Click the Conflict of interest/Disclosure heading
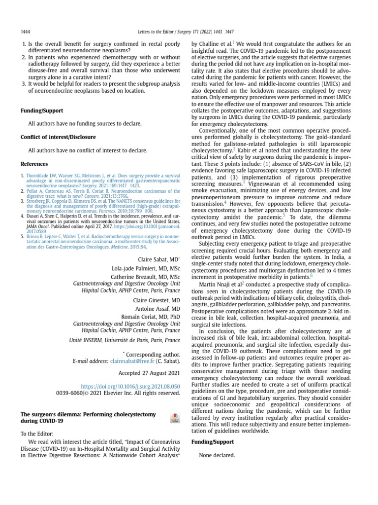pos(58,137)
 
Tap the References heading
pos(34,164)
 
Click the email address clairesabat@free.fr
pos(132,361)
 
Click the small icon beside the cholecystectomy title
pos(174,418)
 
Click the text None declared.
pos(217,455)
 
